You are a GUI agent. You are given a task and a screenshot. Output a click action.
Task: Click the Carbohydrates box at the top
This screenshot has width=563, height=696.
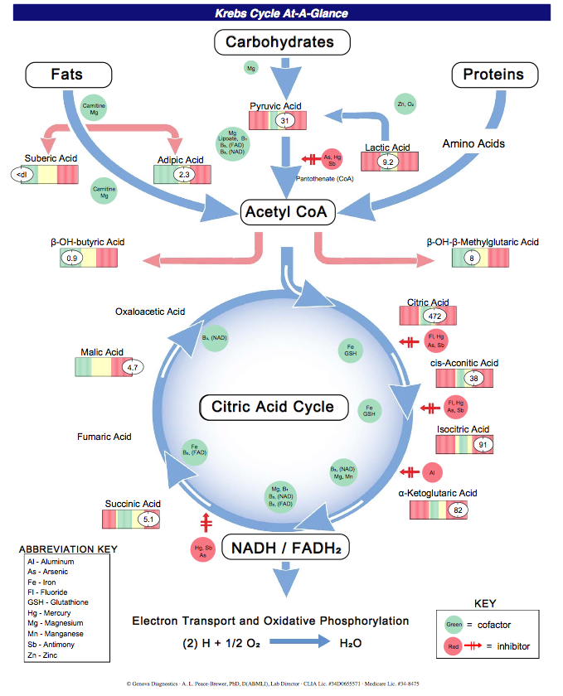(x=282, y=42)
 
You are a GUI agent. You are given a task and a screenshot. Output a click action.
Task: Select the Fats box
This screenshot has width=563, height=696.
(x=67, y=75)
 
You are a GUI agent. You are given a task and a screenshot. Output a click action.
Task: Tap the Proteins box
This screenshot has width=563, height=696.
(x=493, y=75)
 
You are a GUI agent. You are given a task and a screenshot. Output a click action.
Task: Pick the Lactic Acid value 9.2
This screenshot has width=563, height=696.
(x=388, y=163)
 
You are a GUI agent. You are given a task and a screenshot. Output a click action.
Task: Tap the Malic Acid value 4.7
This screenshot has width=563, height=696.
(x=132, y=366)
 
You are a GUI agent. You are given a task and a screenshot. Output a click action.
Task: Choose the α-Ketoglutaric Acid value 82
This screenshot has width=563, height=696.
(x=458, y=510)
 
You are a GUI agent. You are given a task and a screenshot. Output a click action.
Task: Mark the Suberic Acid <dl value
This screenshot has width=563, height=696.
(x=20, y=174)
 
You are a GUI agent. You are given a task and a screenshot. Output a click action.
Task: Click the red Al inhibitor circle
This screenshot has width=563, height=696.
(x=431, y=472)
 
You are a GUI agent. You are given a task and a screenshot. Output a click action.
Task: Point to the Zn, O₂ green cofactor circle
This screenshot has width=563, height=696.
(x=406, y=105)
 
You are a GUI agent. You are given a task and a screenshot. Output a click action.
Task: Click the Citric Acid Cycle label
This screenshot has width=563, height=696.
(x=273, y=407)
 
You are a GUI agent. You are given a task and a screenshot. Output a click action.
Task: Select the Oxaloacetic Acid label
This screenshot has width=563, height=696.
(x=150, y=312)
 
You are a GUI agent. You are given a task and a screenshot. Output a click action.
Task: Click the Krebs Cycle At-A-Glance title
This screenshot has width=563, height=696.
(x=281, y=13)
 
